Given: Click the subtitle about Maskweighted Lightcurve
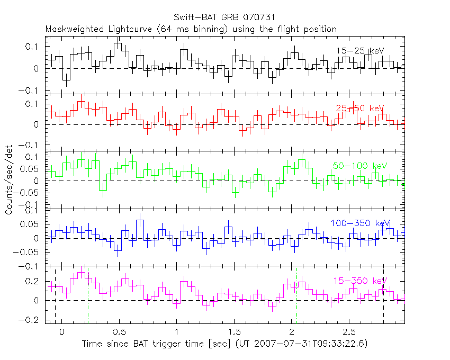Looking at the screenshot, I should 191,29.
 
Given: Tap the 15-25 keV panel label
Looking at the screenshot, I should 359,51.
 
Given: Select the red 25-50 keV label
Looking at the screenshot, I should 359,108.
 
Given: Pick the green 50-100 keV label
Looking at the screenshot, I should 357,166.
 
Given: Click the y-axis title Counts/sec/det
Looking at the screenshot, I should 9,180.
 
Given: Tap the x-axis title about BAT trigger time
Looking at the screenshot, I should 224,344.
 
